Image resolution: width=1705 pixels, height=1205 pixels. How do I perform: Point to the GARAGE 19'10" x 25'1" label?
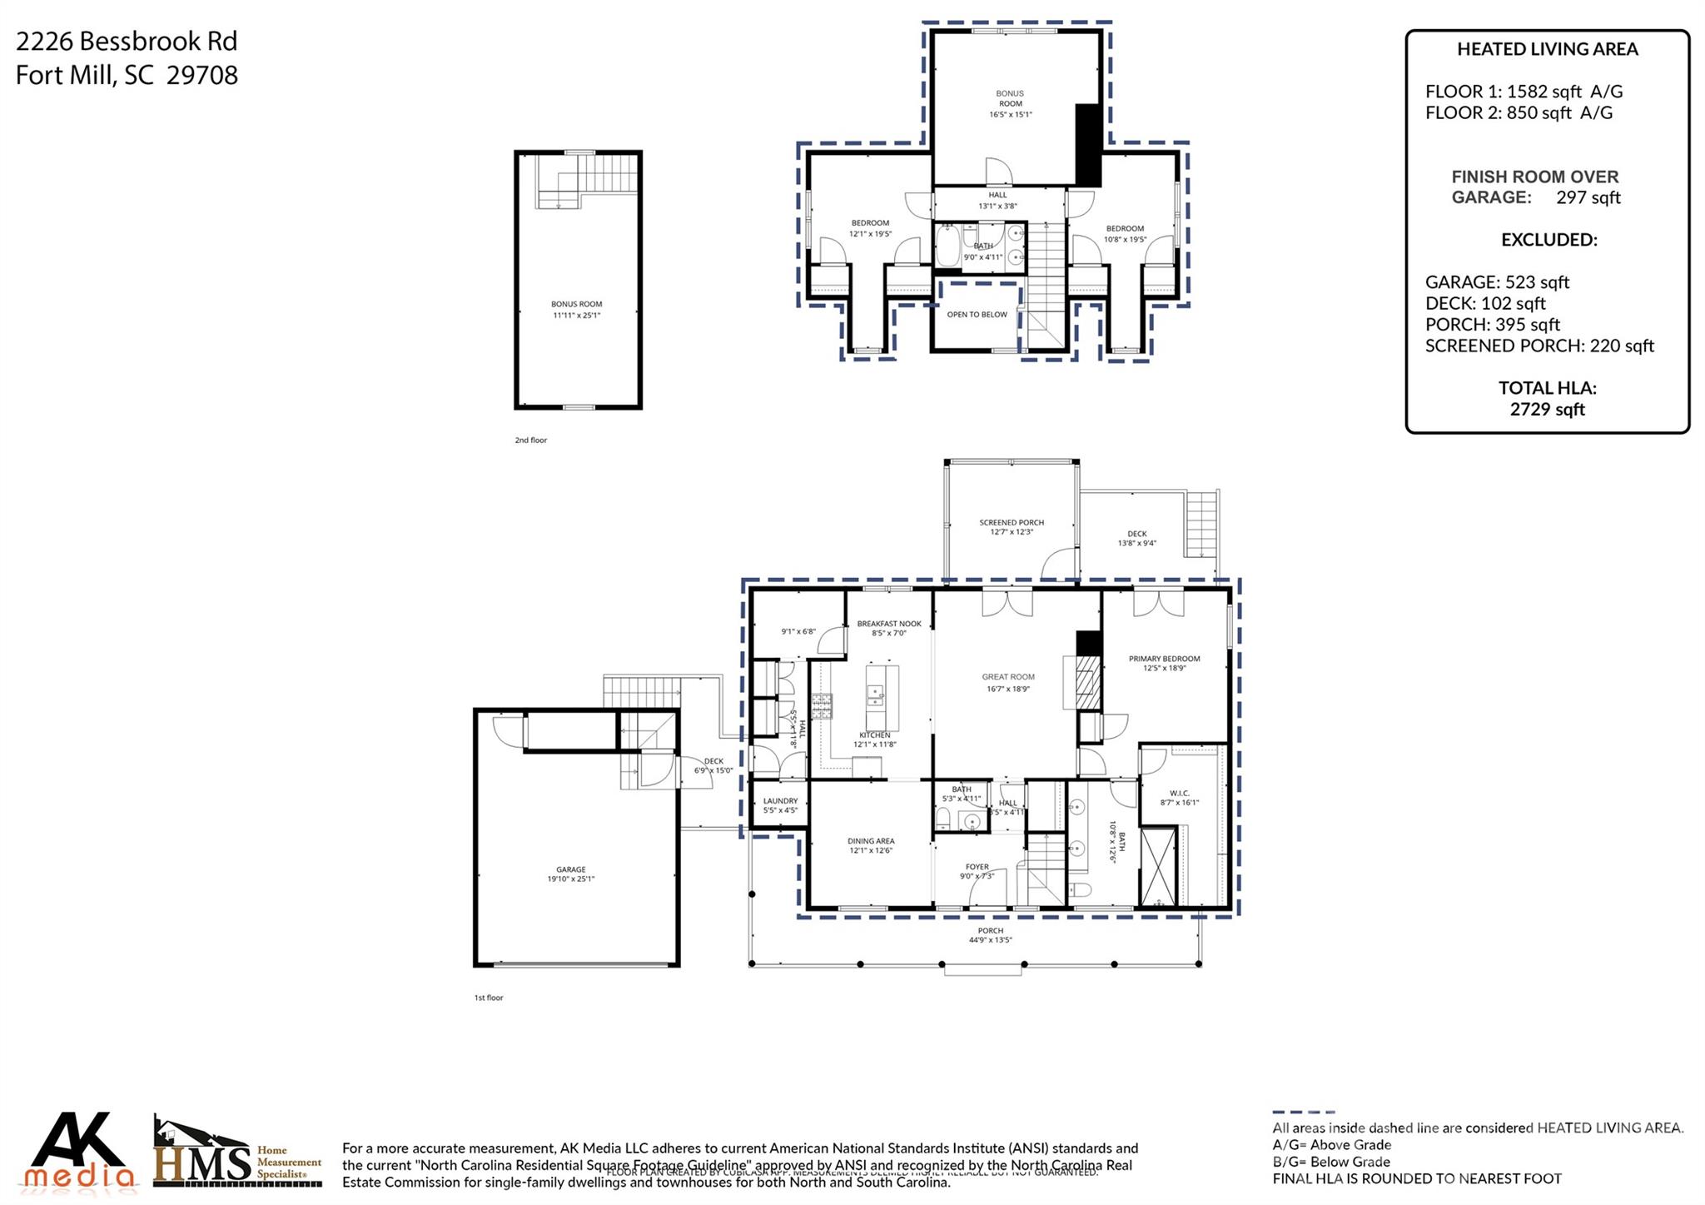(571, 874)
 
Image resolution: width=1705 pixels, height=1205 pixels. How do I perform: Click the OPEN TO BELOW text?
(977, 315)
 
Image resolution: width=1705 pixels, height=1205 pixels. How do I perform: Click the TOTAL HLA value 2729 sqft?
(1547, 409)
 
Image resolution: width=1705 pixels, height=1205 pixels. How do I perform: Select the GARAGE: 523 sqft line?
(1497, 282)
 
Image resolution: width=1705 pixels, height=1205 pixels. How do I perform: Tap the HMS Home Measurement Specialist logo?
(237, 1153)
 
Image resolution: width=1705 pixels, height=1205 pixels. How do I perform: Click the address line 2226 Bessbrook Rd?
(127, 41)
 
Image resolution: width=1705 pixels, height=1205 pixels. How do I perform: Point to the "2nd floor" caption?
(530, 440)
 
